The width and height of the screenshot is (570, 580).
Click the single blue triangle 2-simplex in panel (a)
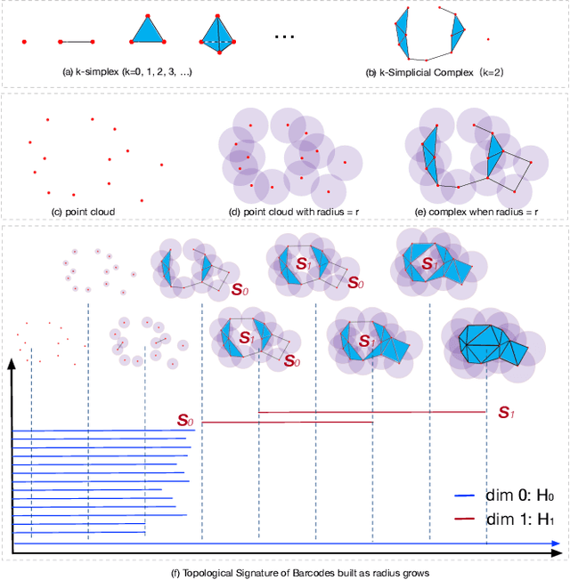pos(148,30)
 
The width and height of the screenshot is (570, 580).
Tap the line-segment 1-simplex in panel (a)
pos(77,41)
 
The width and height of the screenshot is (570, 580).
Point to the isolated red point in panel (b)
pos(487,38)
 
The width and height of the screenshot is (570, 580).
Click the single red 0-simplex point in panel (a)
pos(24,41)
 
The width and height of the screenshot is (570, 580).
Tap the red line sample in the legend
pos(468,520)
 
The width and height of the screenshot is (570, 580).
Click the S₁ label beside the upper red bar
pos(506,412)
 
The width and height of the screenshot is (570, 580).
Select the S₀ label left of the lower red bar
pos(184,420)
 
